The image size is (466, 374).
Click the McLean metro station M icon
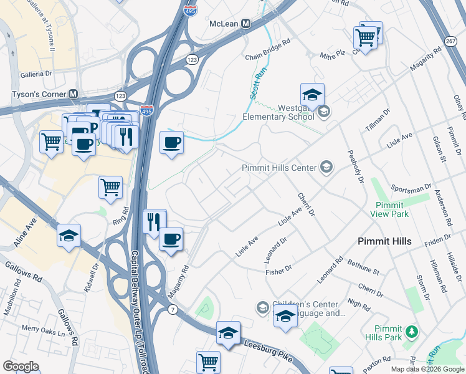coord(245,24)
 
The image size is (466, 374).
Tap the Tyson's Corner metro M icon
coord(74,94)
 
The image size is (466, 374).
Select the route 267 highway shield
coord(450,41)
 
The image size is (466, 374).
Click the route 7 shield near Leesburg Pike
coord(172,310)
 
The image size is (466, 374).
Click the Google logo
coord(21,367)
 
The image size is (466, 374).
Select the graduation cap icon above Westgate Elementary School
coord(312,95)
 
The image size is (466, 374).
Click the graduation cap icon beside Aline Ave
coord(69,236)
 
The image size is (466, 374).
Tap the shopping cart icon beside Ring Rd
coord(110,187)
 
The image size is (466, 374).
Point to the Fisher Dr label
coord(278,269)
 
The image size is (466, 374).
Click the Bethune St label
coord(363,268)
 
